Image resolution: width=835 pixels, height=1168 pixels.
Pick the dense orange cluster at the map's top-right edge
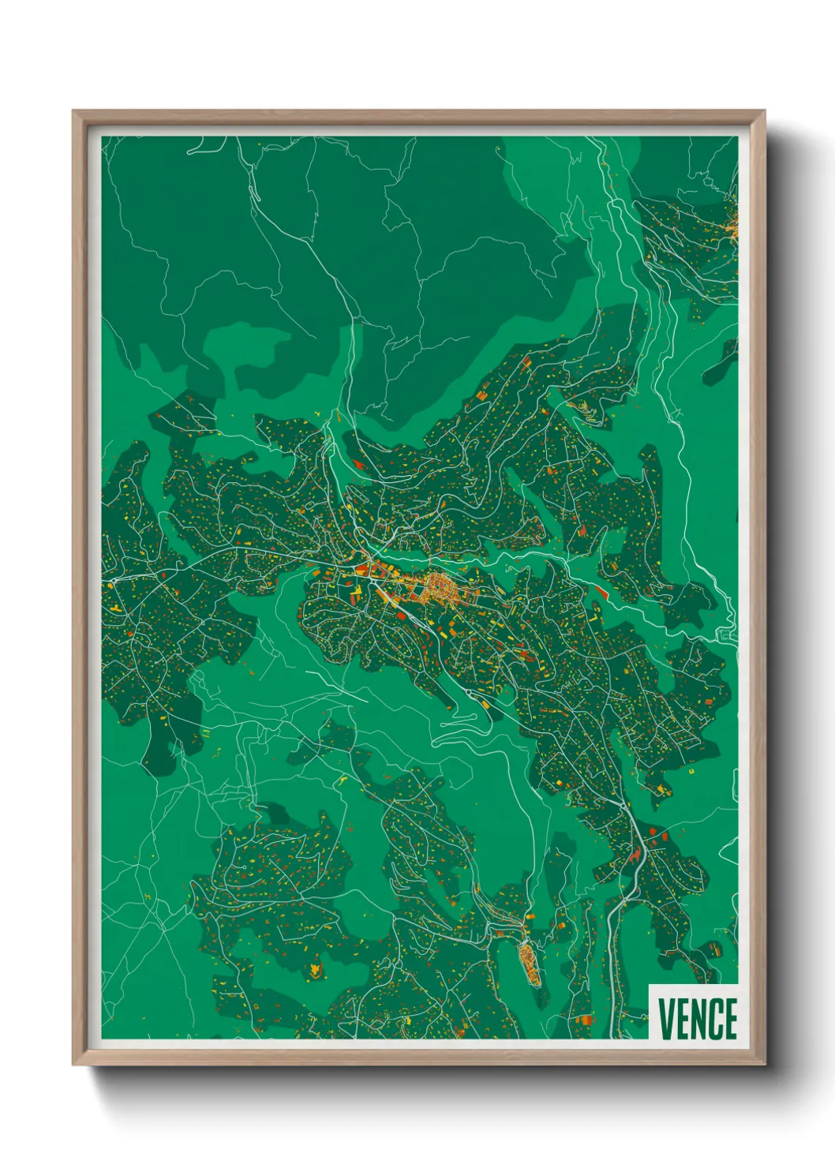(x=732, y=225)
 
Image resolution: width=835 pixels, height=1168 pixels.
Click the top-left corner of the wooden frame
(x=74, y=112)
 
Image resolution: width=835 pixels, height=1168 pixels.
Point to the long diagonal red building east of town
(x=601, y=591)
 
